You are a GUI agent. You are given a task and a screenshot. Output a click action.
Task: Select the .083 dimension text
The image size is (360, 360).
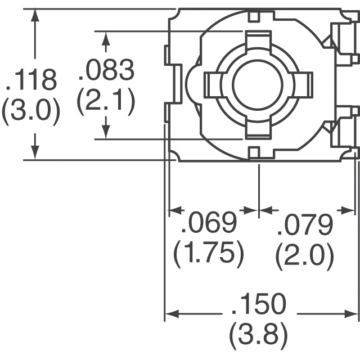(106, 71)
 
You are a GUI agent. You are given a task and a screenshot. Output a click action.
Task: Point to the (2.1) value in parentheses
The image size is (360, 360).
(106, 103)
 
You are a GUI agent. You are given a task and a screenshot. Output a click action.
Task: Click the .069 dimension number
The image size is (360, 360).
(208, 224)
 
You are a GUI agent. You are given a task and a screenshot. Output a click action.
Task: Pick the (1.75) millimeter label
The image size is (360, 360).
(209, 255)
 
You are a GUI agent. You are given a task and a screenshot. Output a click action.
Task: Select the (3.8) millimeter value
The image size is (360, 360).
(259, 336)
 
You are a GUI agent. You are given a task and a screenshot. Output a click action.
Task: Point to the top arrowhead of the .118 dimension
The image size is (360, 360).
(35, 16)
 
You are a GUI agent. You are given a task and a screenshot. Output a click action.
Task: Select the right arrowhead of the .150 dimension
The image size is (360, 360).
(352, 314)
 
